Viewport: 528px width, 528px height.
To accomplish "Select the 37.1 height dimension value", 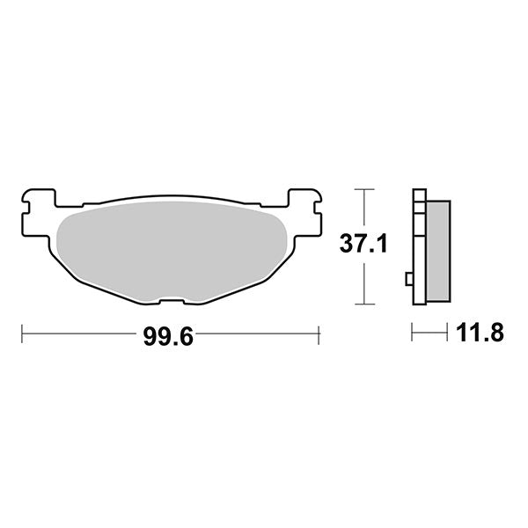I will click(x=362, y=246).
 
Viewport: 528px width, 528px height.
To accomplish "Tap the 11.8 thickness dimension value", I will click(x=479, y=333).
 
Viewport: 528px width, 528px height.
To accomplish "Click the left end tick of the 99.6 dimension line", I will click(x=22, y=334).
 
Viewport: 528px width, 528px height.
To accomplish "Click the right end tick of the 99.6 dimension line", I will click(x=318, y=334).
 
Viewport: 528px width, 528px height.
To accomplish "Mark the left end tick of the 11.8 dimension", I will click(x=413, y=333).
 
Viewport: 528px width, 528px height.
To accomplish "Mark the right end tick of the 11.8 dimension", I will click(x=450, y=333).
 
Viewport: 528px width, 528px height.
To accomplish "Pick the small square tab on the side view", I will click(x=409, y=280).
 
